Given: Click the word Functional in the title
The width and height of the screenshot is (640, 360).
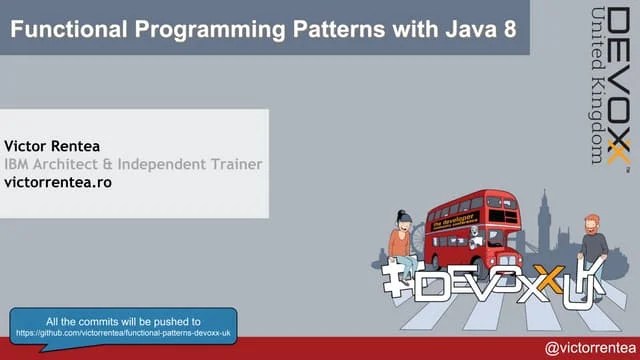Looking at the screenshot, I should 66,29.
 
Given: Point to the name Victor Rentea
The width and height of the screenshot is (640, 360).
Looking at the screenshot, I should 52,145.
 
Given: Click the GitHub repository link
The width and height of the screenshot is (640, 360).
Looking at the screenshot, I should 123,331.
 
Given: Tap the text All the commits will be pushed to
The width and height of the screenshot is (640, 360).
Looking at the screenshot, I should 123,320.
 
